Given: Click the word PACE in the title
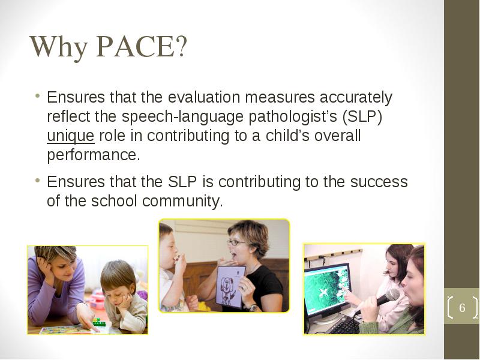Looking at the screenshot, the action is tap(136, 47).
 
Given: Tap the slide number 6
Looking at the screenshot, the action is tap(462, 308).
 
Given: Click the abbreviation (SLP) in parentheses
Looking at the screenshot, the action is tap(362, 117).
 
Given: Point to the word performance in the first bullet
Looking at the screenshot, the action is tap(94, 155).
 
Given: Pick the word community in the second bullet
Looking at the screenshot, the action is tap(182, 202).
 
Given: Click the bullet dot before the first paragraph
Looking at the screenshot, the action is tap(37, 95).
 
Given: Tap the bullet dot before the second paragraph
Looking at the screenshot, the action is tap(37, 180).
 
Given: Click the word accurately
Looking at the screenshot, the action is tap(356, 98).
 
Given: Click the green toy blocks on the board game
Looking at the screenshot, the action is tap(98, 322).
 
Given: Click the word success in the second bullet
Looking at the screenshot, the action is tap(379, 182).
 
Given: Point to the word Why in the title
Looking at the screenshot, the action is tap(59, 47).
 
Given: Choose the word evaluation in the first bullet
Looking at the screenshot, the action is tap(204, 97).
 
